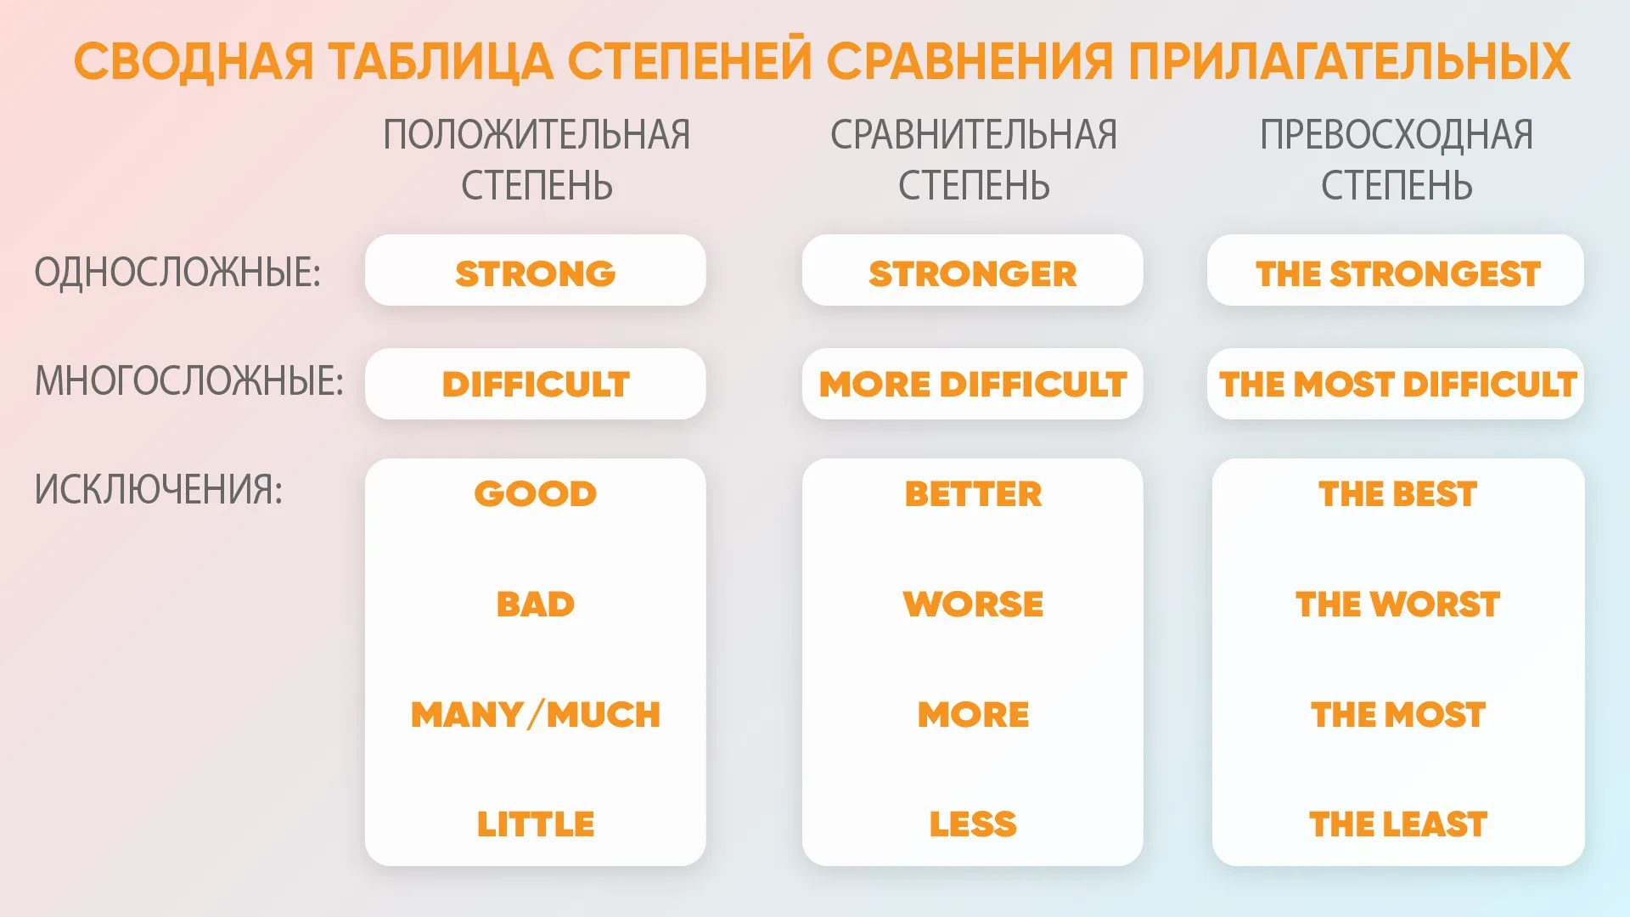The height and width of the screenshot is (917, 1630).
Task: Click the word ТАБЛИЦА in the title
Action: point(440,63)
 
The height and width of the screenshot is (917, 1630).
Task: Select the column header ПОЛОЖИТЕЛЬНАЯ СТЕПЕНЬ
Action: point(537,160)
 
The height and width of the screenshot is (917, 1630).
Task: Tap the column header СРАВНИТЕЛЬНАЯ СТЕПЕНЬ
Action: point(974,160)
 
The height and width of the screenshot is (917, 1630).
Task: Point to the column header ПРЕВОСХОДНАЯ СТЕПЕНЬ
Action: point(1397,160)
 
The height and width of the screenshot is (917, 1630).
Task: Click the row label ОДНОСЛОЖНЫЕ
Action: point(177,273)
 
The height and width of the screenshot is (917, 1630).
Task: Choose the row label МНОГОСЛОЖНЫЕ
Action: point(188,380)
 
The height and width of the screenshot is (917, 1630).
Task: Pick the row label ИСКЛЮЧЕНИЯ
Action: point(158,490)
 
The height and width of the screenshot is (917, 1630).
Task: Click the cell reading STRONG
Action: point(536,270)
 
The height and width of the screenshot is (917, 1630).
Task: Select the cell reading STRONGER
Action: point(973,270)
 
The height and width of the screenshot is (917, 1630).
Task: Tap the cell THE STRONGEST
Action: point(1396,270)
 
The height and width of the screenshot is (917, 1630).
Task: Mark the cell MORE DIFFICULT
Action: point(973,384)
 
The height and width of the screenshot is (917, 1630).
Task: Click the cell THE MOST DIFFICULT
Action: point(1396,384)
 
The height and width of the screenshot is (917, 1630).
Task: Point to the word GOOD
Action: point(536,494)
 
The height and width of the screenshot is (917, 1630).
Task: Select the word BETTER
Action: point(973,494)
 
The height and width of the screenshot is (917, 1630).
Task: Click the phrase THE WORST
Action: point(1397,605)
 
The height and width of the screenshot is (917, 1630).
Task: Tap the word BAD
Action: point(536,605)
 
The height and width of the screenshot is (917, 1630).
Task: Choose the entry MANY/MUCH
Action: point(536,715)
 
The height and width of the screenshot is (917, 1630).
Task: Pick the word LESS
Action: point(973,824)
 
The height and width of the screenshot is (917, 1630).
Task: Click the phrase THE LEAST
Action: point(1398,824)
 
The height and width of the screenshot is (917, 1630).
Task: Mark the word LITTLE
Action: point(536,824)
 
